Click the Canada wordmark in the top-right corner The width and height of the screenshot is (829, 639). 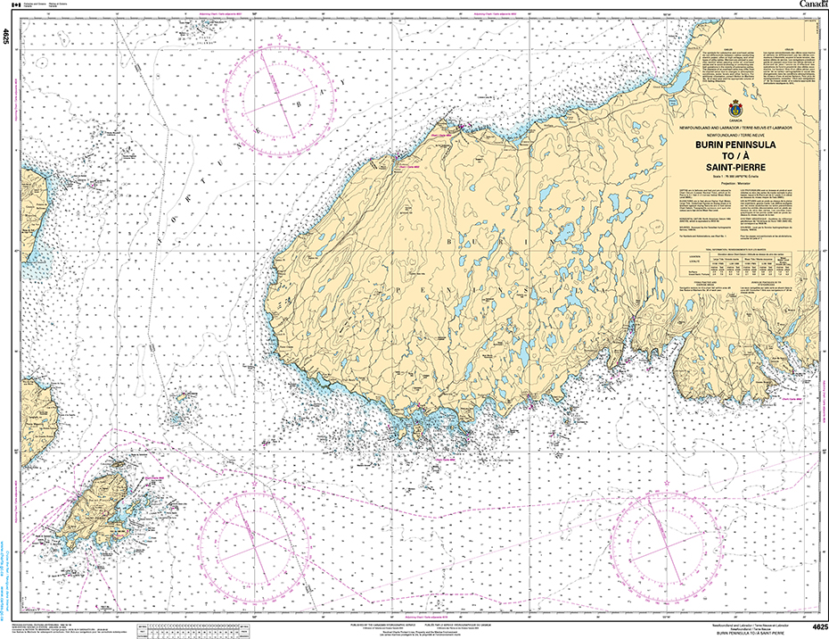(810, 4)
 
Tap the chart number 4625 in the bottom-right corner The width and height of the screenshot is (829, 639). (814, 627)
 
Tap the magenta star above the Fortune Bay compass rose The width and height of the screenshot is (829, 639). (280, 36)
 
